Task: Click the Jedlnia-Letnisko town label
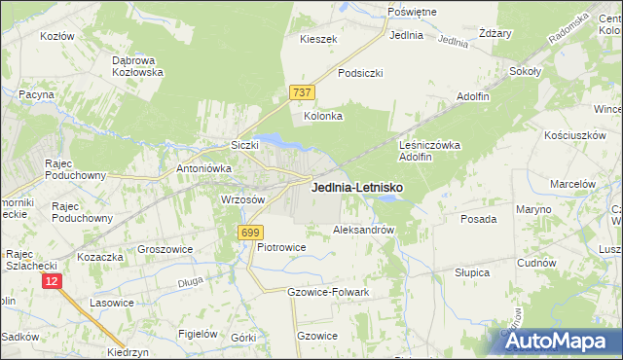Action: pos(357,187)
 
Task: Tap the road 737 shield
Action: pos(301,92)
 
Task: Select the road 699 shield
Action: pos(249,232)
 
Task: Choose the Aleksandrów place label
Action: pos(363,231)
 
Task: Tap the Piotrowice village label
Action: pos(281,247)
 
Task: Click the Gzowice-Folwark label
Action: pos(328,292)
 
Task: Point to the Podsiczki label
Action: pos(360,73)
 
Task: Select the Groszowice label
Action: pos(165,249)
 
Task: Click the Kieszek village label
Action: pos(318,39)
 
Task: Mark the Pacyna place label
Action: pos(35,94)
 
